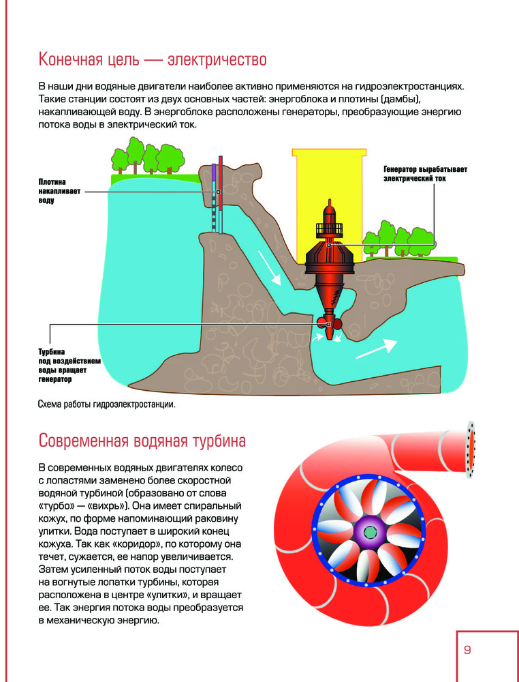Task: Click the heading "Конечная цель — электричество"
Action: [153, 59]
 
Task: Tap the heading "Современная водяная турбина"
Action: [142, 441]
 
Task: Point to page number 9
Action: [467, 650]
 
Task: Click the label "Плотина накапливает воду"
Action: [59, 191]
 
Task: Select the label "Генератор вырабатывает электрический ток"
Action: [425, 173]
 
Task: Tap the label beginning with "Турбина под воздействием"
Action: [69, 366]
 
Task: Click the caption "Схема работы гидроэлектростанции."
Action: [107, 404]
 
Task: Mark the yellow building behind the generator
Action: [329, 205]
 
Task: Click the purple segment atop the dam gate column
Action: [214, 172]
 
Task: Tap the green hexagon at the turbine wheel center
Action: [370, 531]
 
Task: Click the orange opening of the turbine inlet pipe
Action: [471, 449]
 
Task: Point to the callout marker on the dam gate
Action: [219, 192]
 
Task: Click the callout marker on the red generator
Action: [329, 246]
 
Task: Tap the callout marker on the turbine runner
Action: [329, 324]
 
